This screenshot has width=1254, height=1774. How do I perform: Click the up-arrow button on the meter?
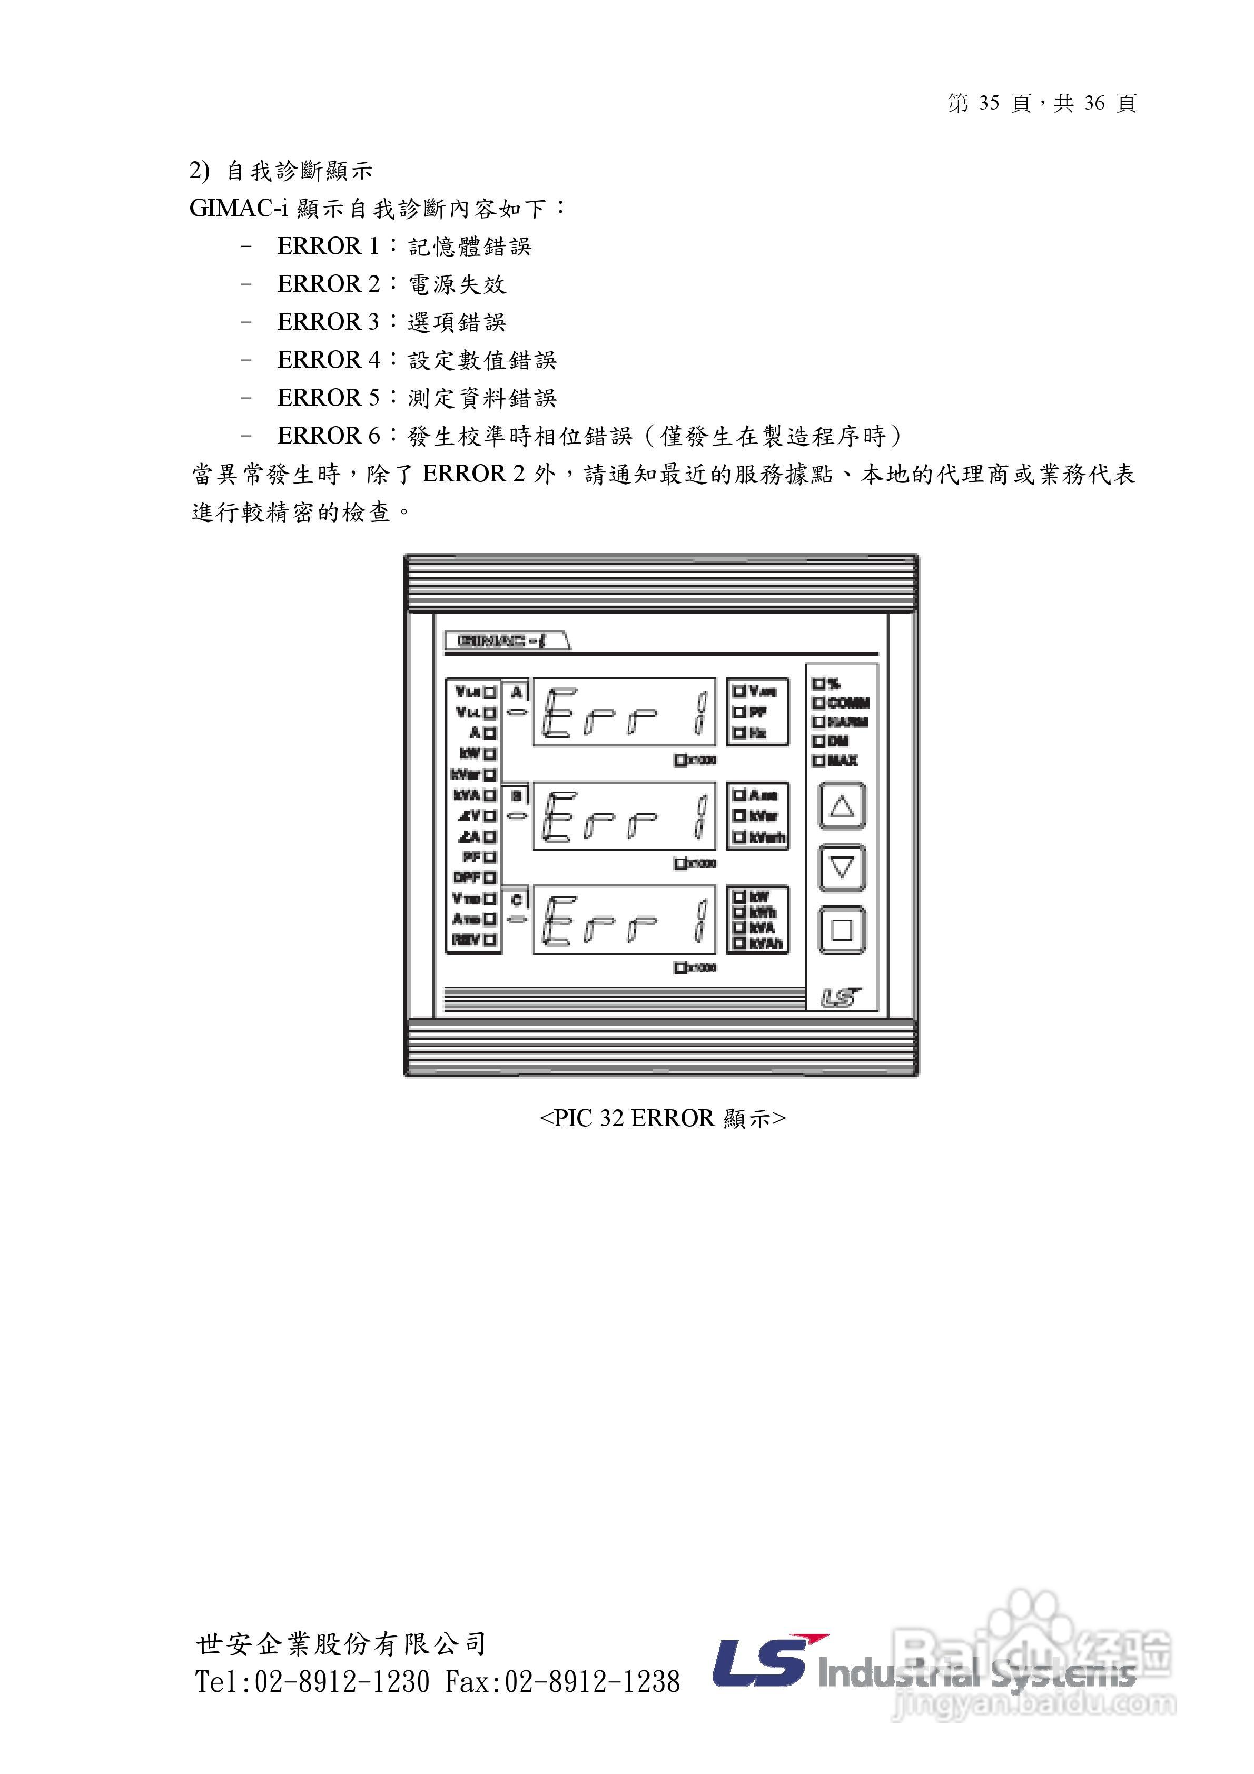[842, 806]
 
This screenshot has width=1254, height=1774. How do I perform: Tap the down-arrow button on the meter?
[842, 868]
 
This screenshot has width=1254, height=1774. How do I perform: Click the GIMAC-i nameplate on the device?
[506, 640]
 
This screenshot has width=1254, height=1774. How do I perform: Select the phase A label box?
[517, 692]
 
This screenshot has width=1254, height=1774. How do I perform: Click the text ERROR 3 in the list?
[328, 321]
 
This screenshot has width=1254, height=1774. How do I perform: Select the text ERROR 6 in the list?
[328, 436]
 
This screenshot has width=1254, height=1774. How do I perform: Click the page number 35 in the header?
[989, 103]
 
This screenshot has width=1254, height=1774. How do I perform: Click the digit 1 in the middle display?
[700, 816]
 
